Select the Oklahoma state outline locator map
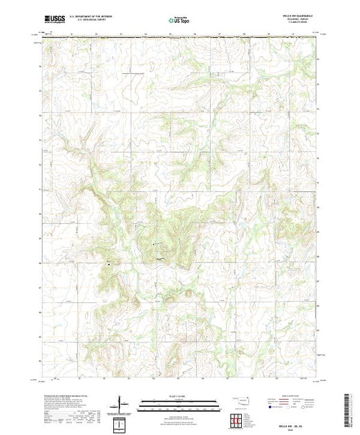pyautogui.click(x=238, y=400)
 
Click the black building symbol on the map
pyautogui.click(x=108, y=262)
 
